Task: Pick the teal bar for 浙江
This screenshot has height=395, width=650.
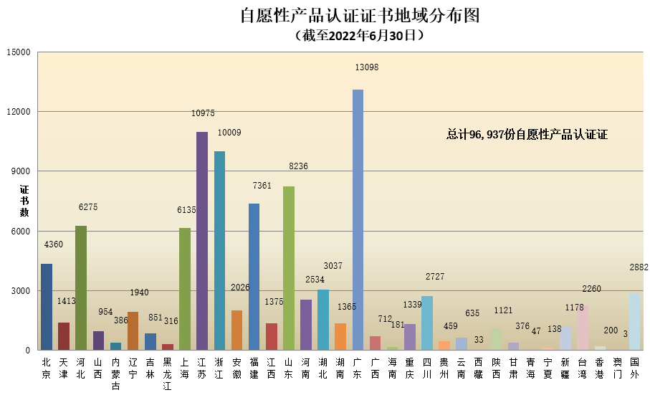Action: click(219, 250)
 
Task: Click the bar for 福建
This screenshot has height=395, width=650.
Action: click(254, 277)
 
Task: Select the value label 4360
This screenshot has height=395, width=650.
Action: click(54, 244)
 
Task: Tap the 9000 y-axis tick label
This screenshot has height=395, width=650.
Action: click(20, 171)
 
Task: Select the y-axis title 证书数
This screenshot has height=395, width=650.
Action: click(24, 201)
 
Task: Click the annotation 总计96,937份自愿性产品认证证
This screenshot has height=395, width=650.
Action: click(527, 134)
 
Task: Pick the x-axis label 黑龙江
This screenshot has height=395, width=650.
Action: click(167, 374)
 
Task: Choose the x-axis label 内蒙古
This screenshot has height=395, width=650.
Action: click(115, 374)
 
